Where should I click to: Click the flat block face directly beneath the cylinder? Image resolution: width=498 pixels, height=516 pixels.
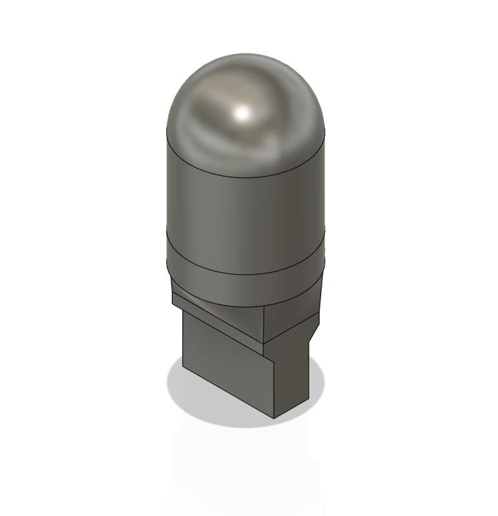click(x=291, y=319)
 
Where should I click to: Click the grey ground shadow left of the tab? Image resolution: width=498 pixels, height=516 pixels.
click(x=176, y=387)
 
